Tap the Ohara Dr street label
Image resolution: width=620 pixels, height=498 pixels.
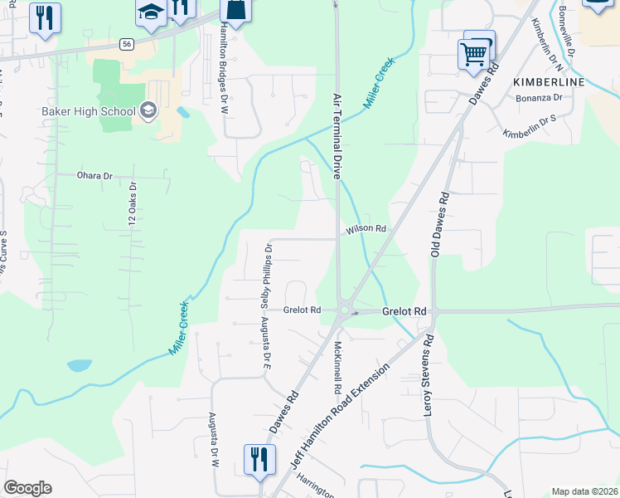tap(94, 176)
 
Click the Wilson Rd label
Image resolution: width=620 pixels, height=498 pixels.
tap(367, 228)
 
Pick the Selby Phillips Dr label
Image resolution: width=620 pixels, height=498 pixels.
tap(268, 271)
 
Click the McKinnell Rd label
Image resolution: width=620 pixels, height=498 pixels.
tap(338, 366)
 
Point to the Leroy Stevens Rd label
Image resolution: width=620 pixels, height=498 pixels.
tap(429, 376)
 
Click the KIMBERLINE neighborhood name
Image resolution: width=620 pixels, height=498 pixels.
tap(549, 82)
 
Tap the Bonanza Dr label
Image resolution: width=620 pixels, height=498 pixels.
tap(540, 98)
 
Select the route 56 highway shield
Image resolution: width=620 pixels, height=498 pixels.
tap(126, 45)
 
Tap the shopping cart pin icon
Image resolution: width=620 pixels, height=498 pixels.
tap(472, 55)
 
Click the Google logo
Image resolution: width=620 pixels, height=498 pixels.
tap(27, 488)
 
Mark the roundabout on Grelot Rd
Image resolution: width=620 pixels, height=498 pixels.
tap(346, 311)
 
